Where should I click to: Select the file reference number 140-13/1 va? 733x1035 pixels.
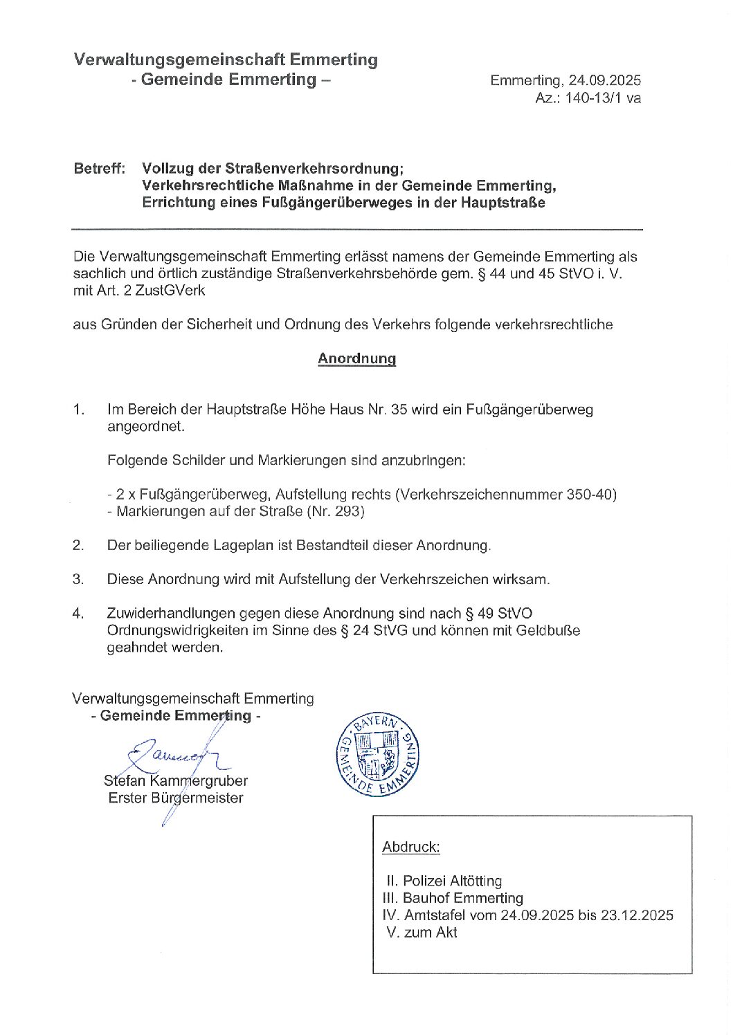coord(603,98)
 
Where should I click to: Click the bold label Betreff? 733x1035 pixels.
coord(100,168)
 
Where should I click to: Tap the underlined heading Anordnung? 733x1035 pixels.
coord(356,358)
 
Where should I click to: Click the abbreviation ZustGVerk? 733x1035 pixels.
coord(170,291)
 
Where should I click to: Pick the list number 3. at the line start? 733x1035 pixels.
coord(78,579)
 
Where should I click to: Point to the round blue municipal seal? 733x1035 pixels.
coord(377,755)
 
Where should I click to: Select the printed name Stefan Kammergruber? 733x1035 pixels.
coord(176,781)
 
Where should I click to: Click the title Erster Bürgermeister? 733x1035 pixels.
coord(176,798)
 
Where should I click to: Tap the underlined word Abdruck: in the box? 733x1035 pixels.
coord(410,847)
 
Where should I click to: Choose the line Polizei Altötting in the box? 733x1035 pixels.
coord(452,881)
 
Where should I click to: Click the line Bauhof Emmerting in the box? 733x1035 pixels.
coord(463,898)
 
